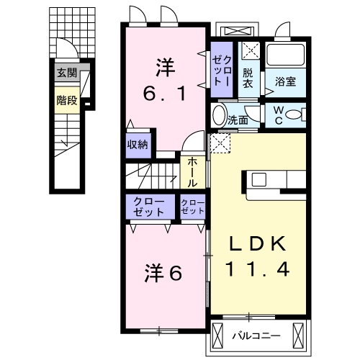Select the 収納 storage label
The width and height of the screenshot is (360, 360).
pyautogui.click(x=138, y=144)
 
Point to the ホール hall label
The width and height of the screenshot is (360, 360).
pyautogui.click(x=194, y=174)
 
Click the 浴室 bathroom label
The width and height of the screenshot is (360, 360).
pyautogui.click(x=286, y=82)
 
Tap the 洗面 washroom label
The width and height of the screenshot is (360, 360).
pyautogui.click(x=238, y=120)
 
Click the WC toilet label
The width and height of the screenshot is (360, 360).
pyautogui.click(x=278, y=115)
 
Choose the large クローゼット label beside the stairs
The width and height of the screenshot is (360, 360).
pyautogui.click(x=149, y=207)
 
